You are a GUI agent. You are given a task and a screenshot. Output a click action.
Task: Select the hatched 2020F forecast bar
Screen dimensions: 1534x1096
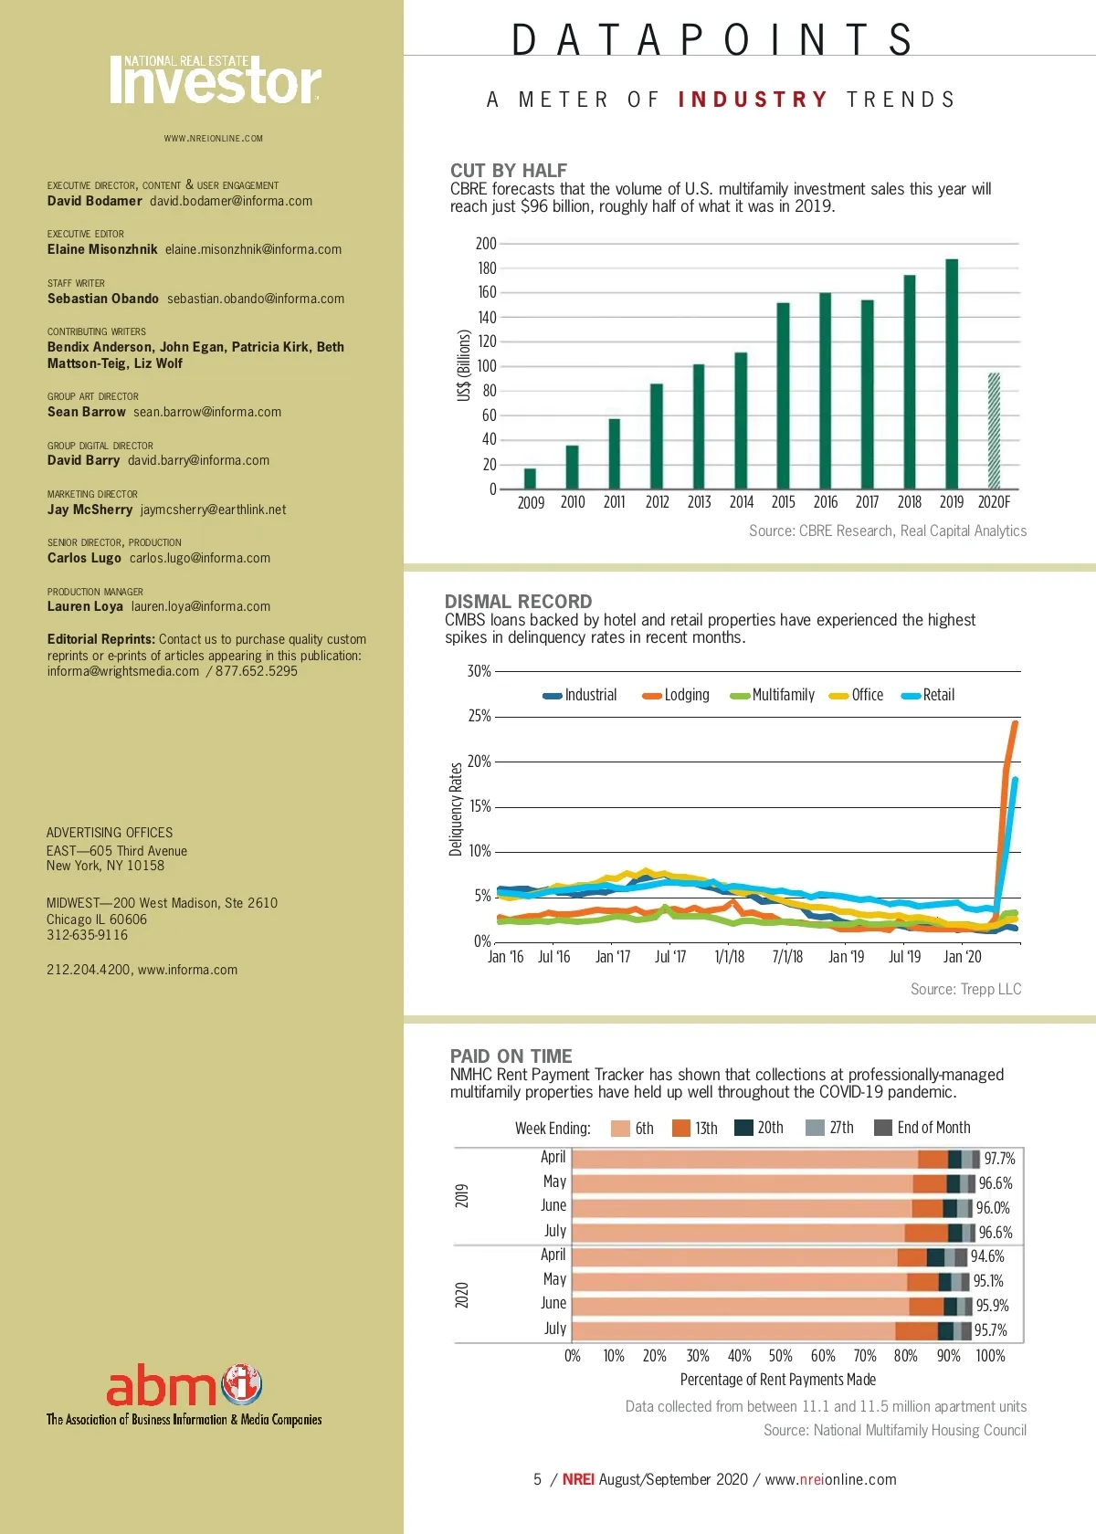(x=994, y=431)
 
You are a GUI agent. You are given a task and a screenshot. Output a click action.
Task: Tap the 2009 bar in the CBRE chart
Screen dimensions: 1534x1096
(x=530, y=478)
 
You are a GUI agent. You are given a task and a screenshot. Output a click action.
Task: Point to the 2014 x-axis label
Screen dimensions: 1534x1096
(x=742, y=502)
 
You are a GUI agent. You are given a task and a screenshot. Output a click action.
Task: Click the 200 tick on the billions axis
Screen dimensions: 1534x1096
(x=486, y=244)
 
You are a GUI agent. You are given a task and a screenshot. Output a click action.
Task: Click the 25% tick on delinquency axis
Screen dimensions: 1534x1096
(x=479, y=716)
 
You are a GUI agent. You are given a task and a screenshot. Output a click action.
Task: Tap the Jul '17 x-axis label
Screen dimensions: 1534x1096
(x=670, y=957)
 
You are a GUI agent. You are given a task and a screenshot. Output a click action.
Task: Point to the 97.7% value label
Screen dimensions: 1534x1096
(x=999, y=1159)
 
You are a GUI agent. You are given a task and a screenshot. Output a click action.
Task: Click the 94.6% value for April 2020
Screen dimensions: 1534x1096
(x=987, y=1256)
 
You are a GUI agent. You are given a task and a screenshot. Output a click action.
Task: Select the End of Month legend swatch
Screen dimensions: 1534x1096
(x=882, y=1128)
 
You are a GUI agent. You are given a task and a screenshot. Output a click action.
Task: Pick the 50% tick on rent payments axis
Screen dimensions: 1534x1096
(x=780, y=1356)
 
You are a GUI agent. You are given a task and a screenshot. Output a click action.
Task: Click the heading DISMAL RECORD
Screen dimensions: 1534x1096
(x=518, y=602)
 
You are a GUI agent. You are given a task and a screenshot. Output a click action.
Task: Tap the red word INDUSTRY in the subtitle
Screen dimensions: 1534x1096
(x=753, y=100)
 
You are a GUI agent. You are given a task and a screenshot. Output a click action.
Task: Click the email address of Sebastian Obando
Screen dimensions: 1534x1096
(x=256, y=299)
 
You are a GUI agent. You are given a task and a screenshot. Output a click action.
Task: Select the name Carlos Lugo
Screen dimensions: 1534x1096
(x=84, y=558)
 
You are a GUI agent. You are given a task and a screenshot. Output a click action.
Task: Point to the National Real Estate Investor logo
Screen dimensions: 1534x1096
(x=216, y=80)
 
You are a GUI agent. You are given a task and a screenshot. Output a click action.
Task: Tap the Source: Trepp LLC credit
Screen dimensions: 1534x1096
(x=965, y=989)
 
